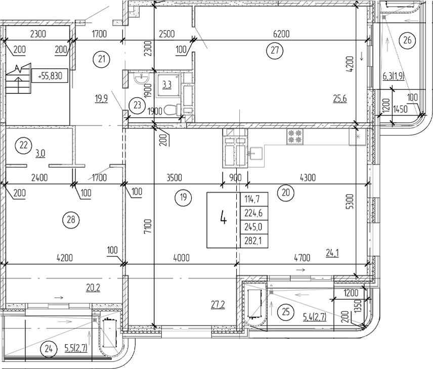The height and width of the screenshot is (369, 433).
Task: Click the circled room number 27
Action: pyautogui.click(x=275, y=50)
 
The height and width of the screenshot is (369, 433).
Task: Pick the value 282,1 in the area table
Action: pyautogui.click(x=253, y=240)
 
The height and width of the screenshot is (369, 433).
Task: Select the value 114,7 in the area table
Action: pyautogui.click(x=252, y=199)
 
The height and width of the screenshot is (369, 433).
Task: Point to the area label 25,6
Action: pyautogui.click(x=339, y=99)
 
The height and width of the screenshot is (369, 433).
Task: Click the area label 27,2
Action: pyautogui.click(x=218, y=304)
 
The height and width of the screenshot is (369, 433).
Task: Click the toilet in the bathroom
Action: pyautogui.click(x=171, y=109)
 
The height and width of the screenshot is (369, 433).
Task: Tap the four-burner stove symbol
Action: pyautogui.click(x=294, y=136)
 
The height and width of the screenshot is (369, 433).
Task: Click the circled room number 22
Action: pyautogui.click(x=22, y=146)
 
